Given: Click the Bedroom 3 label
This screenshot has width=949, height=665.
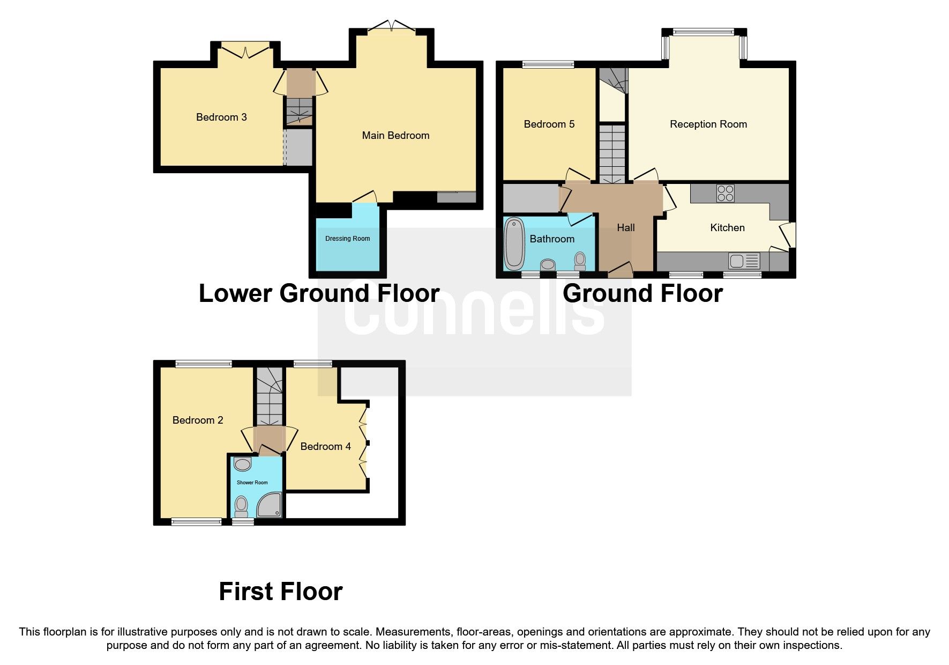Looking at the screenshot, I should click(x=221, y=117).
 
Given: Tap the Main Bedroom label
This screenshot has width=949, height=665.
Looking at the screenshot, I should click(x=395, y=135).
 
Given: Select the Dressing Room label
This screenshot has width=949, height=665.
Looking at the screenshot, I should click(x=347, y=239).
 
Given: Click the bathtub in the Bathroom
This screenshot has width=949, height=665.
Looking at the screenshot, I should click(x=514, y=243).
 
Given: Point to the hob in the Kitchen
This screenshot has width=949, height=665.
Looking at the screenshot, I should click(x=726, y=193).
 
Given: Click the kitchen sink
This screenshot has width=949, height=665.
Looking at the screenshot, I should click(x=744, y=261).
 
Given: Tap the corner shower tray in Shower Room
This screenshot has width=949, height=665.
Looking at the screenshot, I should click(x=270, y=505).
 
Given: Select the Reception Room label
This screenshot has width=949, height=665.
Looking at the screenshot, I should click(x=708, y=124).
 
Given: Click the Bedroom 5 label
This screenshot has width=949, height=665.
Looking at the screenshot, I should click(x=549, y=124).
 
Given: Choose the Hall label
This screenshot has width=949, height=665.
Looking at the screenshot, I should click(x=625, y=227).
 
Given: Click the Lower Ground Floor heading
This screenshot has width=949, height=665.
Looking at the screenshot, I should click(x=319, y=293).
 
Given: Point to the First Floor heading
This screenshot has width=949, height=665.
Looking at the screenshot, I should click(x=280, y=592).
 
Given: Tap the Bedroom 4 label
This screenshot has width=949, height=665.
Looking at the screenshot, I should click(x=325, y=446).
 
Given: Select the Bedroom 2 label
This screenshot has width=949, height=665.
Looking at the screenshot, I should click(x=198, y=420).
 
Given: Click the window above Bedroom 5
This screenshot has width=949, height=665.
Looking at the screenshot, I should click(x=548, y=65).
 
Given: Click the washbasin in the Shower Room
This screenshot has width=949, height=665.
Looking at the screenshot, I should click(x=243, y=464).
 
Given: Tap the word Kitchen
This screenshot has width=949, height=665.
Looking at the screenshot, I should click(x=727, y=227).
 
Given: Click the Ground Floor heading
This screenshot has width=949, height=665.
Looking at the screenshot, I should click(x=642, y=293).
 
